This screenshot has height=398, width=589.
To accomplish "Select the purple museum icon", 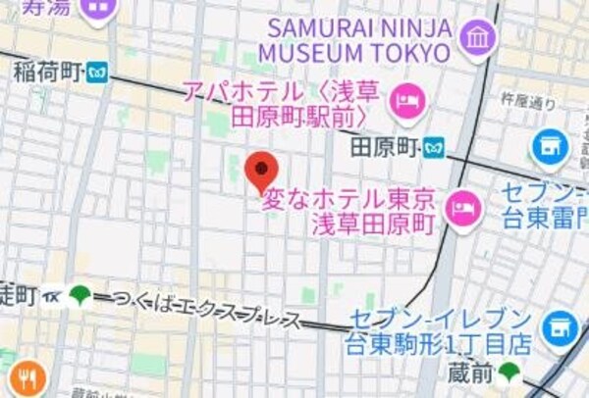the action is pyautogui.click(x=478, y=37).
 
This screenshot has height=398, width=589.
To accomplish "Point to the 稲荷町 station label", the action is pyautogui.click(x=46, y=71).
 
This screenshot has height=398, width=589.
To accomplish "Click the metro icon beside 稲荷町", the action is pyautogui.click(x=96, y=71).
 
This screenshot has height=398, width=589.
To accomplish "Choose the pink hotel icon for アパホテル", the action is pyautogui.click(x=405, y=99).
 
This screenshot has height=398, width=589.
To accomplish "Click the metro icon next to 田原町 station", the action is pyautogui.click(x=435, y=149).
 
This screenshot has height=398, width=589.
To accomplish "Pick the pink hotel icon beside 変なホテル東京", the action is pyautogui.click(x=460, y=207).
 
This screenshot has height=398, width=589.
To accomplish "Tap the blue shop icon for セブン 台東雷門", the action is pyautogui.click(x=551, y=148).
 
